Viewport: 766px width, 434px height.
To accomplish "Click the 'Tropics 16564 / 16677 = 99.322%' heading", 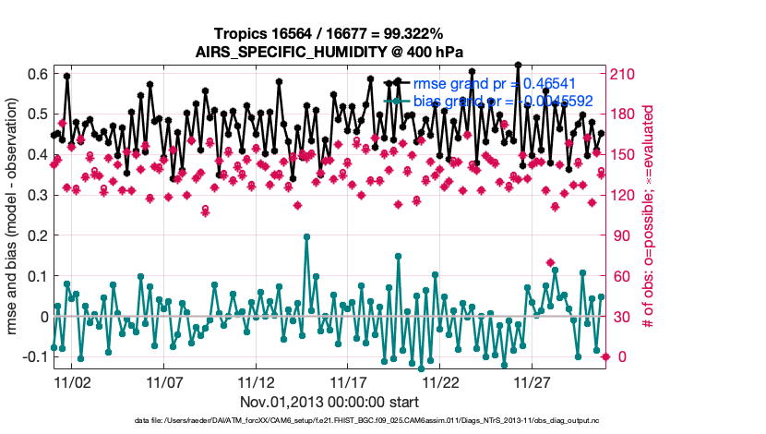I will pos(329,33).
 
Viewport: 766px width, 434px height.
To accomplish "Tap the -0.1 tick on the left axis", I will pos(34,356).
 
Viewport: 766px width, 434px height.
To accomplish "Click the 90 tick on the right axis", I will pos(620,235).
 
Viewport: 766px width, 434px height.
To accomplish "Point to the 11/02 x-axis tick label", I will pos(72,380).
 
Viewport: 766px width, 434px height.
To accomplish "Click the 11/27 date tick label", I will pos(533,380).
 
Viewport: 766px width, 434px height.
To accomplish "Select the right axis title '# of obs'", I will pos(650,215).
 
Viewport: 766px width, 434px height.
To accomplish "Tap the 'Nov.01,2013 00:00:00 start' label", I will pos(329,402).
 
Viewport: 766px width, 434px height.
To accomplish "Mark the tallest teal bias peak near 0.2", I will pos(306,236).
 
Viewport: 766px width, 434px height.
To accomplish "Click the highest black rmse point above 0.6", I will pos(519,66).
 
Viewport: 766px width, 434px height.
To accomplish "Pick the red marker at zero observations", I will pos(605,356).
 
